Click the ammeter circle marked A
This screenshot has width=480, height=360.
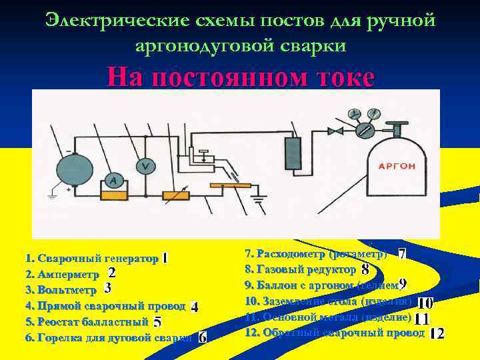(114, 181)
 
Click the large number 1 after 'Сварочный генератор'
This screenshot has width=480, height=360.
(165, 257)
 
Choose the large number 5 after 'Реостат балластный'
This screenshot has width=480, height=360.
(157, 322)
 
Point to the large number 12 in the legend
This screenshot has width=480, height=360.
(437, 333)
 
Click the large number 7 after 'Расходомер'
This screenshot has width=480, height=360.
(402, 254)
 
